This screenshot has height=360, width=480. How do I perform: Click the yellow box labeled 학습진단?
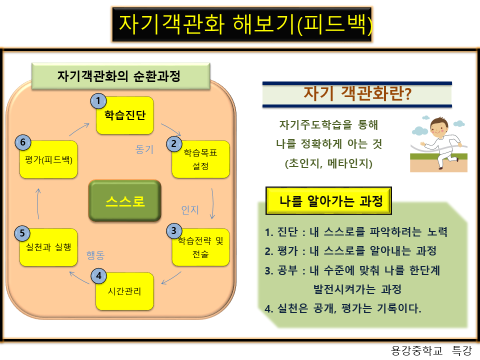point(124,115)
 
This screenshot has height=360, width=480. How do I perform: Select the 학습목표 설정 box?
point(200,159)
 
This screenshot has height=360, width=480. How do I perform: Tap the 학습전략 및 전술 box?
point(200,247)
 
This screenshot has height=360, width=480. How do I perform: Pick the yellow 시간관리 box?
point(124,291)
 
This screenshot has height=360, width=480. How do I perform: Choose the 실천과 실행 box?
point(48,247)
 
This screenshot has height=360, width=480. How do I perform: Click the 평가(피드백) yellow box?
point(48,159)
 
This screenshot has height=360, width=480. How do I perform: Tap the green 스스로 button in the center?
point(125,201)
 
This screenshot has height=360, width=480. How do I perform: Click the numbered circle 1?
point(98,101)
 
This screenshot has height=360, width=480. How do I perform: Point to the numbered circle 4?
point(98,275)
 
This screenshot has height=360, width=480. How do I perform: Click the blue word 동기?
point(145,149)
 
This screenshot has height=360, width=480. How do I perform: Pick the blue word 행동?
point(95,255)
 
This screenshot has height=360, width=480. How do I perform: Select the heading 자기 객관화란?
point(357,94)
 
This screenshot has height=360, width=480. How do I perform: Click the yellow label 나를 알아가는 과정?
point(328,201)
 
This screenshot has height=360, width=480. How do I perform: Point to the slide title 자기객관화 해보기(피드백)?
point(242,24)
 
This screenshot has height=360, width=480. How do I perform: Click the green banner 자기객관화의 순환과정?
point(120,76)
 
